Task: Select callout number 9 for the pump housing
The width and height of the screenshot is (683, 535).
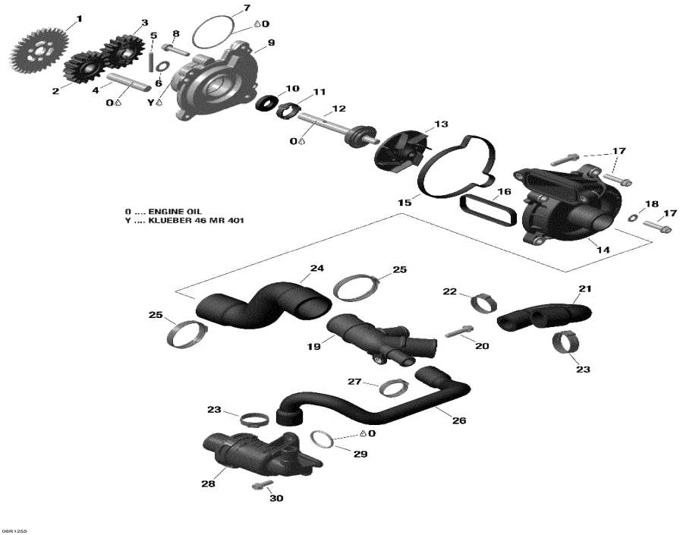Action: coord(271,42)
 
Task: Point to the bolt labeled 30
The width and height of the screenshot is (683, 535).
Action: coord(260,484)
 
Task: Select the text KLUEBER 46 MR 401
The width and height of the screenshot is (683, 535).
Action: coord(202,221)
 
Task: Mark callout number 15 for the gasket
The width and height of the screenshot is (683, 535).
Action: coord(404,203)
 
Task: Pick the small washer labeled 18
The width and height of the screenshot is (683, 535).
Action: coord(633,219)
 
